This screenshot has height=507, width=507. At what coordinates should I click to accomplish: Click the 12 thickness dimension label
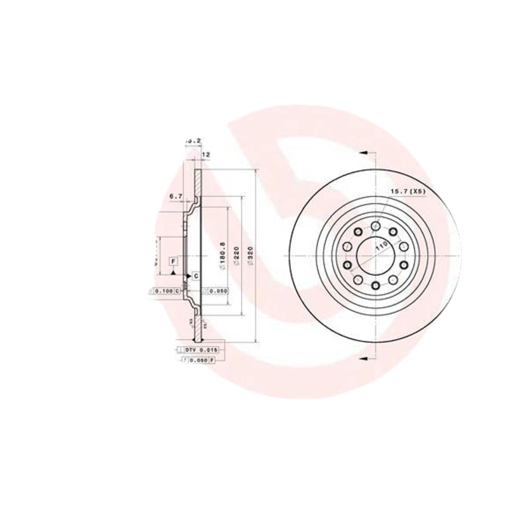point(205,154)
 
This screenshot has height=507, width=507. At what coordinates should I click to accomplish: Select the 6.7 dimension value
point(176,196)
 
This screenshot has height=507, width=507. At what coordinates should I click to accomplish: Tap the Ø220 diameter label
point(236,257)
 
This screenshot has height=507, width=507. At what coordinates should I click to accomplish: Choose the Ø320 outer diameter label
point(251,257)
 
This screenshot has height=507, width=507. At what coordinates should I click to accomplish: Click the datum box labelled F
point(173,261)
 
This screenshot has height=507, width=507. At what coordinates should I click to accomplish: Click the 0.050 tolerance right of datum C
point(215,290)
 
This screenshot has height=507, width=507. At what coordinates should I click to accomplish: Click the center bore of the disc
point(375,257)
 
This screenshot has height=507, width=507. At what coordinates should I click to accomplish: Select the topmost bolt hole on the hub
point(376,226)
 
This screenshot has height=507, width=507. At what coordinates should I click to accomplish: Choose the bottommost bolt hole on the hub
point(376,287)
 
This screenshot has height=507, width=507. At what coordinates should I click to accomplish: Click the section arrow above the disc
point(364,153)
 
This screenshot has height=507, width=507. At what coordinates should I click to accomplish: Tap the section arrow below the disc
point(364,359)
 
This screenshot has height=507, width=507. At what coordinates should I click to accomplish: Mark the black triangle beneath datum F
point(173,271)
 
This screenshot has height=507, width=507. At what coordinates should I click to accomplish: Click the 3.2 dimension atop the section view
point(194,140)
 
